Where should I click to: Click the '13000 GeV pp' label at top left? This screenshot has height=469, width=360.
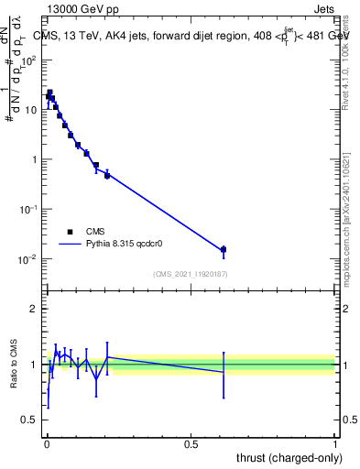click(82, 10)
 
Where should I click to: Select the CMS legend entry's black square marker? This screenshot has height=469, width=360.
click(70, 232)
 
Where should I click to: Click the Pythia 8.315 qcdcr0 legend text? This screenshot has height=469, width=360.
click(124, 245)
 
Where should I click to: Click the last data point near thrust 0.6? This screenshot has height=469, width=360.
click(223, 249)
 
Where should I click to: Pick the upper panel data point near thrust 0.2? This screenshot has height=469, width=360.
click(107, 175)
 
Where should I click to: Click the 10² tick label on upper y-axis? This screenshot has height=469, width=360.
click(30, 60)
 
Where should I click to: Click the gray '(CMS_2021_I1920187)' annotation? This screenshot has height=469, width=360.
click(190, 274)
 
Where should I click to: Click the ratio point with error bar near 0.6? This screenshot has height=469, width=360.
click(223, 372)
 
